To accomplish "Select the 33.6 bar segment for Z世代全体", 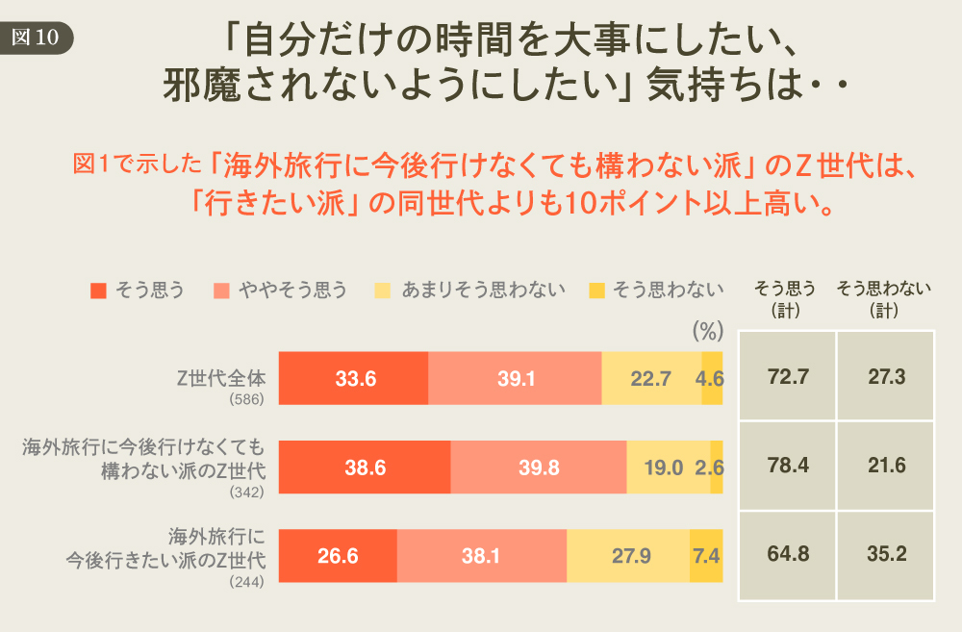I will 354,378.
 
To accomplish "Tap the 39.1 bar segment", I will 516,378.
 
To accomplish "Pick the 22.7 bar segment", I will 651,378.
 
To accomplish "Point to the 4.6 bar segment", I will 712,378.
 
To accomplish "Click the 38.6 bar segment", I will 365,468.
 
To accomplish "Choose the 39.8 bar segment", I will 538,468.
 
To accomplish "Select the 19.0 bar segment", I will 668,468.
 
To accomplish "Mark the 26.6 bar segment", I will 338,555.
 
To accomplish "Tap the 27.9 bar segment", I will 628,555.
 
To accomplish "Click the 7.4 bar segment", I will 706,555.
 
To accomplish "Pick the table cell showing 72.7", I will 788,377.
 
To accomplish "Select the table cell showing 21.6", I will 886,467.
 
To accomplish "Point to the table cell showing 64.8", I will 788,555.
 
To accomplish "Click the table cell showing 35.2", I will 886,555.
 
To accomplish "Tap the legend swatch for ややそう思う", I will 221,291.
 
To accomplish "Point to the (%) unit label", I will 707,332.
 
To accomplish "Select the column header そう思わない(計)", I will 883,299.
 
